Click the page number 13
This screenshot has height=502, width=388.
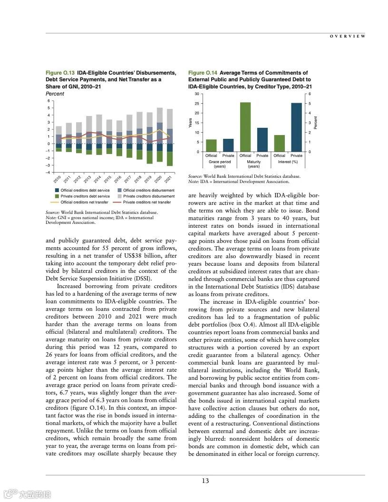click(205, 481)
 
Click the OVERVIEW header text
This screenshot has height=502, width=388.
click(348, 36)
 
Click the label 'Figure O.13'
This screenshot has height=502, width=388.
click(60, 73)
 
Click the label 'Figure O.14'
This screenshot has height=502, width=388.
click(203, 73)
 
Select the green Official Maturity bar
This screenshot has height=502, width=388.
click(245, 127)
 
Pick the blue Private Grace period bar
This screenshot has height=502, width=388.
click(228, 145)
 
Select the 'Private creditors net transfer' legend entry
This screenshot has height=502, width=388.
click(147, 202)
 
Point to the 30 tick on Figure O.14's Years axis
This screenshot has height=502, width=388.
click(197, 94)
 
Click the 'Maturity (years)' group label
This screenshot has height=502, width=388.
click(253, 164)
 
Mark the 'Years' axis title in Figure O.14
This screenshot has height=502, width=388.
click(190, 122)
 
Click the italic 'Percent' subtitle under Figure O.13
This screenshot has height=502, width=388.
click(55, 94)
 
